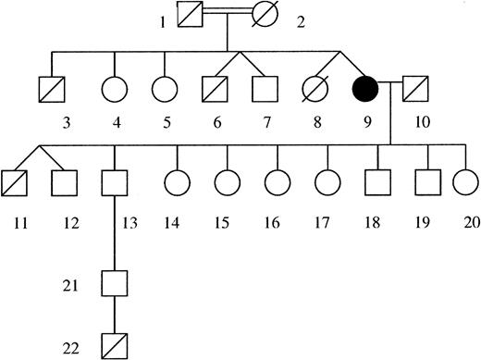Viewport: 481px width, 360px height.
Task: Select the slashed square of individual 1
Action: coord(190,18)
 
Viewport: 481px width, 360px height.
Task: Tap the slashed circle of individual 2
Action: coord(268,18)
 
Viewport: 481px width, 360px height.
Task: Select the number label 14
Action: coord(171,222)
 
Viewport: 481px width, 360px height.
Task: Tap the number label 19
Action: coord(426,222)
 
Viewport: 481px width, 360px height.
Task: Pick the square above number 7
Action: coord(263,92)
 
